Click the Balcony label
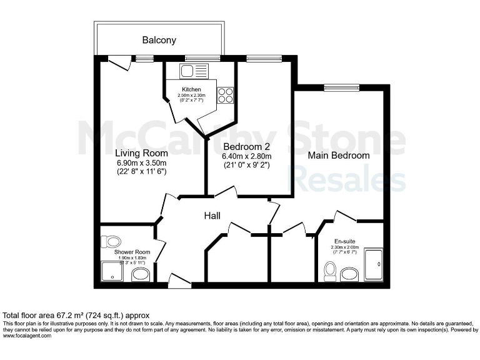pos(159,40)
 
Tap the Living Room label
pos(141,152)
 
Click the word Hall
pos(215,216)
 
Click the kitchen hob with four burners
pos(225,95)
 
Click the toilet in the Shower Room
pos(113,241)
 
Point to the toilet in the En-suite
pos(330,272)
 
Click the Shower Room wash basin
pos(141,275)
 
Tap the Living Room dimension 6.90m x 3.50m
pos(141,162)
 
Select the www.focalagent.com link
pos(27,336)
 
